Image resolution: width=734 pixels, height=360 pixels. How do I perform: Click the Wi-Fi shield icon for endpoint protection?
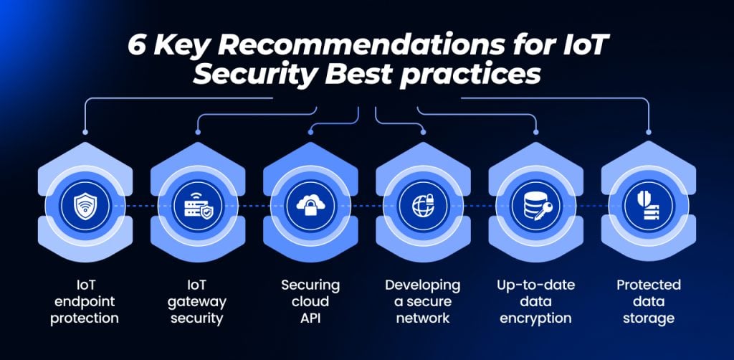[85, 206]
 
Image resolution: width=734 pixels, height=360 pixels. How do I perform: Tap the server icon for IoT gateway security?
[198, 206]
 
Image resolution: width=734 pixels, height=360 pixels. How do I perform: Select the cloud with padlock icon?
[311, 205]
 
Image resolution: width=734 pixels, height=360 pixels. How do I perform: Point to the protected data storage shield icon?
[648, 206]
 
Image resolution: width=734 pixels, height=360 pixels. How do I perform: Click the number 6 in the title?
[137, 47]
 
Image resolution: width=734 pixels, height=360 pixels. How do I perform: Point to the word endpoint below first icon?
[85, 302]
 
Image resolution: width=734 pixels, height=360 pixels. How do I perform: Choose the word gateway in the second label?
[197, 302]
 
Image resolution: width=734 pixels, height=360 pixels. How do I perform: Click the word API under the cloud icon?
[310, 318]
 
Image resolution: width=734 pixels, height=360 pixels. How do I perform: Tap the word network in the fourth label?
[423, 318]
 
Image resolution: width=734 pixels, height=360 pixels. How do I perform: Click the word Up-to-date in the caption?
[535, 285]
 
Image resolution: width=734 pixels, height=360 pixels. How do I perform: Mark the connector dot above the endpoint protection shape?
[85, 132]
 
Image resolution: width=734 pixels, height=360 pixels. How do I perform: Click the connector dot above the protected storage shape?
[648, 132]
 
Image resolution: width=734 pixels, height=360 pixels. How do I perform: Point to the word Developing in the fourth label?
[423, 285]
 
